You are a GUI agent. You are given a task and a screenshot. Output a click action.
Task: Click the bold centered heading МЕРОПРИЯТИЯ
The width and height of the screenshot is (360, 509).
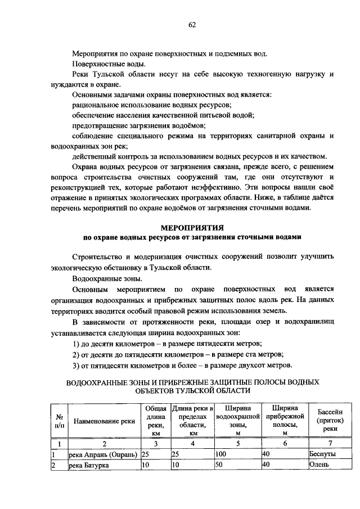click(192, 228)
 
